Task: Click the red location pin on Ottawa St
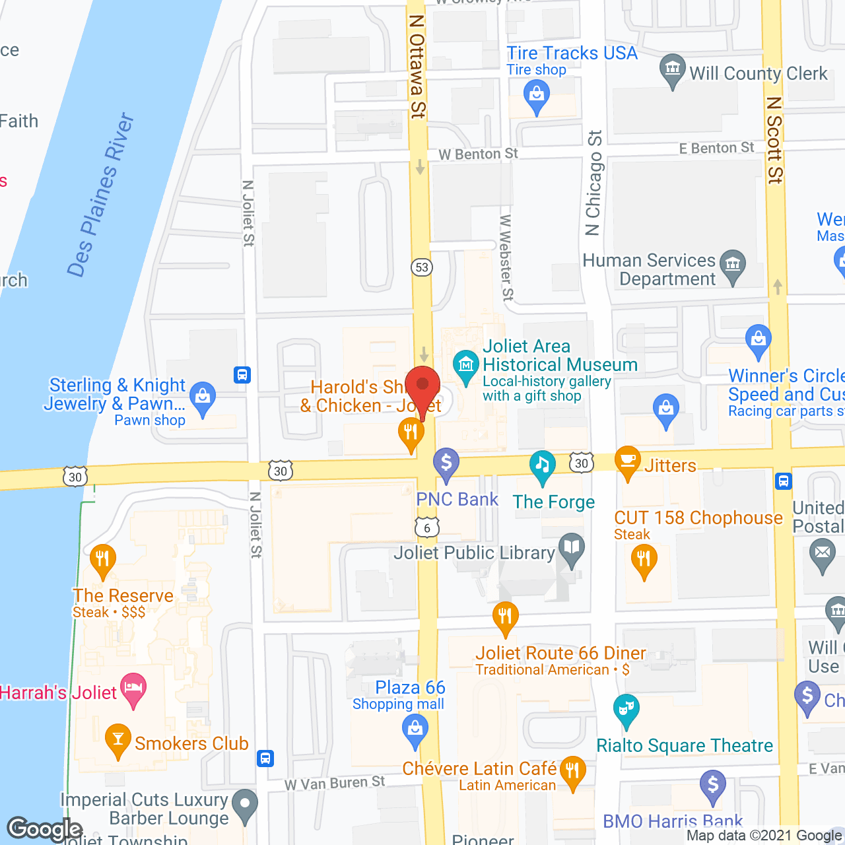pyautogui.click(x=422, y=387)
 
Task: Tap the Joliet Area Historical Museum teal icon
pyautogui.click(x=466, y=364)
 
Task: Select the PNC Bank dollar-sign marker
pyautogui.click(x=446, y=463)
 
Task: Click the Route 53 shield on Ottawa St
pyautogui.click(x=422, y=267)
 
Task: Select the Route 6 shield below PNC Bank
pyautogui.click(x=427, y=527)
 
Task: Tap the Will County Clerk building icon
pyautogui.click(x=673, y=68)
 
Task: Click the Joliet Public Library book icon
pyautogui.click(x=572, y=548)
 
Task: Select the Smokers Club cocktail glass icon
pyautogui.click(x=118, y=739)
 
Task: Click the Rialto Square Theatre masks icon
pyautogui.click(x=626, y=710)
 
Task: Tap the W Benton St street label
pyautogui.click(x=478, y=154)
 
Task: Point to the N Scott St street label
pyautogui.click(x=774, y=140)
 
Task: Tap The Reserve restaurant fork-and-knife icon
pyautogui.click(x=102, y=560)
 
